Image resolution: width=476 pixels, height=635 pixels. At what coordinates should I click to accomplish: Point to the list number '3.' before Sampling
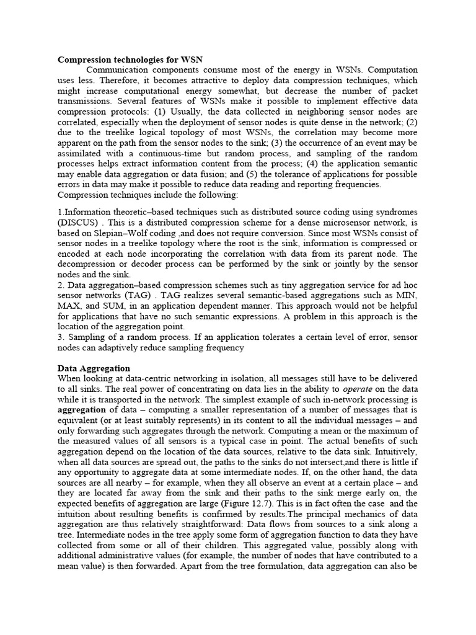[x=61, y=337]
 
